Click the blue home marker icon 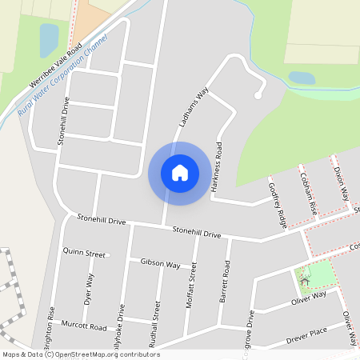180,173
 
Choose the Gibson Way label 160,263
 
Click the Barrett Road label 226,281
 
